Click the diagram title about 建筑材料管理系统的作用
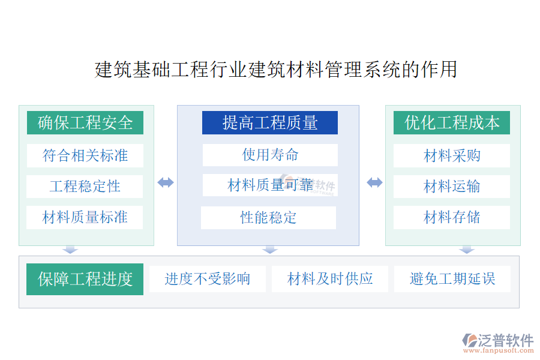point(276,69)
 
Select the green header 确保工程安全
point(85,122)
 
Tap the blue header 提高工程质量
point(269,122)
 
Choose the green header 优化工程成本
point(451,122)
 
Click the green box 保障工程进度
point(85,279)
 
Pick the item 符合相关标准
point(85,156)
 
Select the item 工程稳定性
point(85,187)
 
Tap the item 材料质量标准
point(85,217)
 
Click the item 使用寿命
point(270,155)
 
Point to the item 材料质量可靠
point(270,185)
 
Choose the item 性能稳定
point(268,218)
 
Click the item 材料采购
point(451,156)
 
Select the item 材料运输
point(451,187)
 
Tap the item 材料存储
point(451,217)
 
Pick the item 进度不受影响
point(208,279)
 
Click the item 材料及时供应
point(330,279)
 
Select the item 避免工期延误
point(452,279)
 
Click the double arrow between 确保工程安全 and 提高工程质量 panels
point(166,182)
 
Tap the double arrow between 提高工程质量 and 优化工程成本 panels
point(374,182)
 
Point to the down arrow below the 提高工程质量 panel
point(270,250)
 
